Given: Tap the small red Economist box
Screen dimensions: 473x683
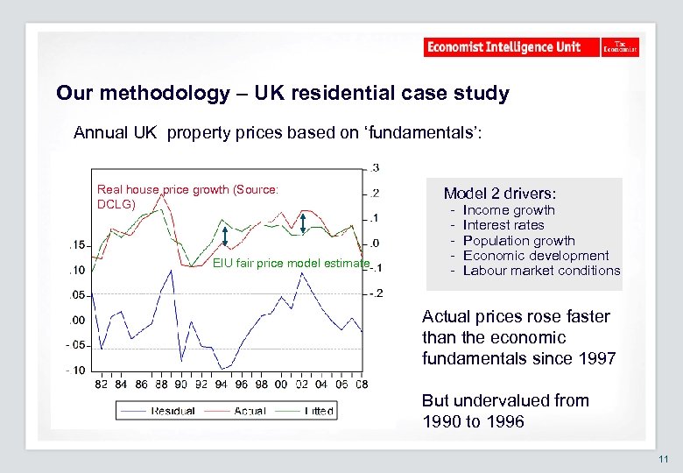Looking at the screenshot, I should click(x=620, y=47).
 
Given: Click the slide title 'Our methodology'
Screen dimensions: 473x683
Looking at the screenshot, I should click(x=282, y=93).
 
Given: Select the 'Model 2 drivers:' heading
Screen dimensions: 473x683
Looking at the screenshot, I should click(x=500, y=193).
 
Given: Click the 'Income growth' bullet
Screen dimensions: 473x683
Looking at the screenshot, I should click(x=508, y=210).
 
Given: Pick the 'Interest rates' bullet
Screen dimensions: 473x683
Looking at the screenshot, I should click(x=503, y=225).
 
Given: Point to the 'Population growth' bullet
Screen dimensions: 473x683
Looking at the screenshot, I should click(x=518, y=240).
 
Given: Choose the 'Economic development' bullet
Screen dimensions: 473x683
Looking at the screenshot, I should click(x=535, y=255).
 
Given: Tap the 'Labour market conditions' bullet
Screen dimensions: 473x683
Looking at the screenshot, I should click(x=540, y=271).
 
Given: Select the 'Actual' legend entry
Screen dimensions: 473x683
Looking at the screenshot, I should click(x=250, y=411).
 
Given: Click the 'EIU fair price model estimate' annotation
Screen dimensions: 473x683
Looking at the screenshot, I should click(x=292, y=264).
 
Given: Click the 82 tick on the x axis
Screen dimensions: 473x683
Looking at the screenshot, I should click(x=102, y=384).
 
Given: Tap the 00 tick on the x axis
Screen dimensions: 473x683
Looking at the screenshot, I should click(x=280, y=384).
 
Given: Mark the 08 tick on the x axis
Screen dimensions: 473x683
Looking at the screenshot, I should click(x=361, y=384).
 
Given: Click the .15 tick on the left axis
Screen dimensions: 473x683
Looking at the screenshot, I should click(x=79, y=244).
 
